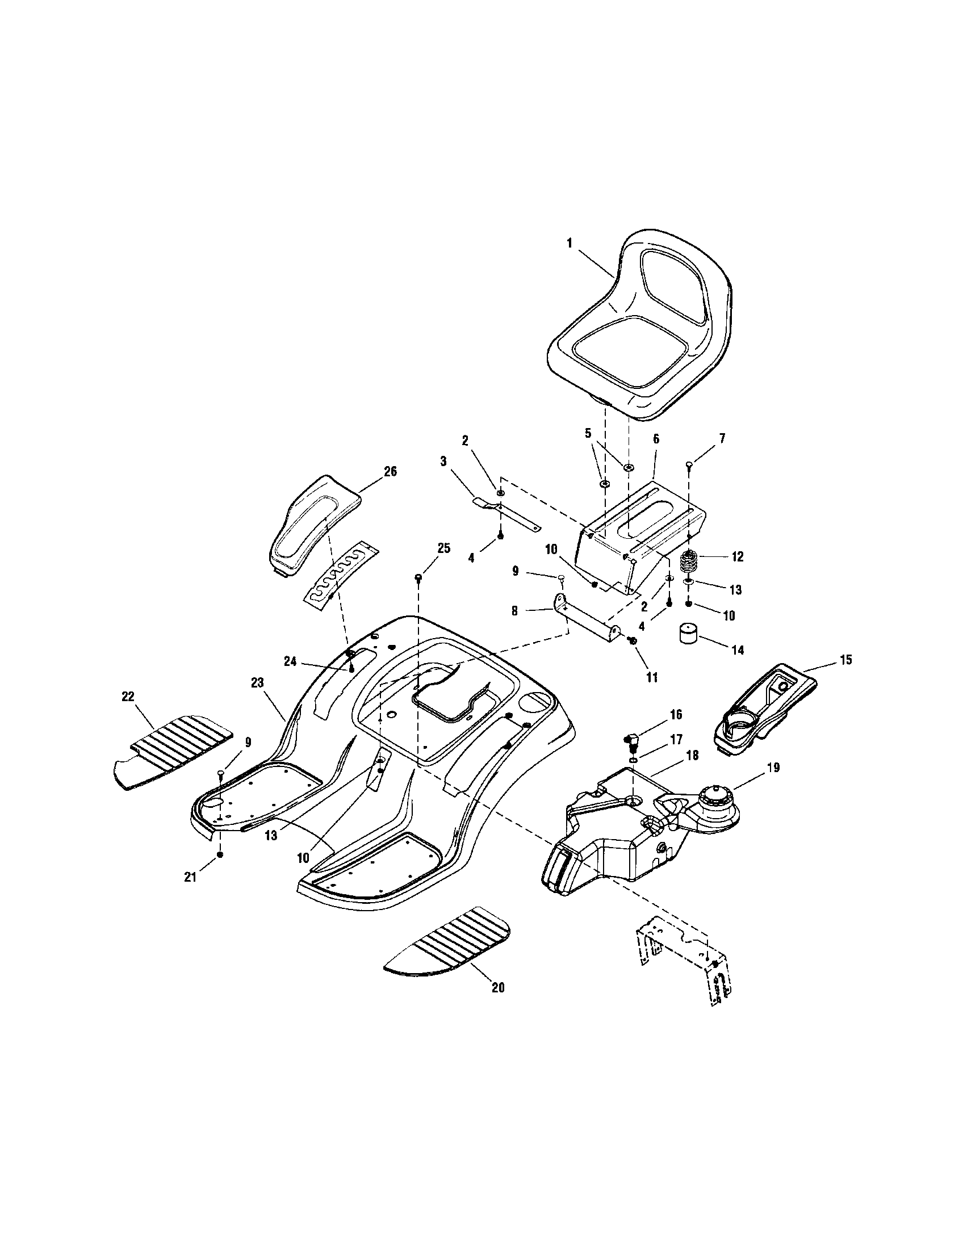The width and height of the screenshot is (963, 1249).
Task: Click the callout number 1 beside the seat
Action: pos(569,243)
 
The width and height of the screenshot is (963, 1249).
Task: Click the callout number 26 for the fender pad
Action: pos(391,472)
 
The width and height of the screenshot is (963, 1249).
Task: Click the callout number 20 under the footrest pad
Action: pos(498,988)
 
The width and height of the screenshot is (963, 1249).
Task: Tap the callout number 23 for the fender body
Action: pos(257,682)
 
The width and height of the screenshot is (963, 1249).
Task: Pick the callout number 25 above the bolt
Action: pos(443,548)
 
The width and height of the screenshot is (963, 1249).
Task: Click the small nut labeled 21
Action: pos(220,870)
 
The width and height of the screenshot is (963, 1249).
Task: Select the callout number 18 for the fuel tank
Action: pos(692,756)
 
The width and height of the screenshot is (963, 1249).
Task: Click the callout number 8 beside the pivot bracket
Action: pos(514,611)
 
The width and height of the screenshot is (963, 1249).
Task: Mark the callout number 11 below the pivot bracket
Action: pos(651,678)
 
